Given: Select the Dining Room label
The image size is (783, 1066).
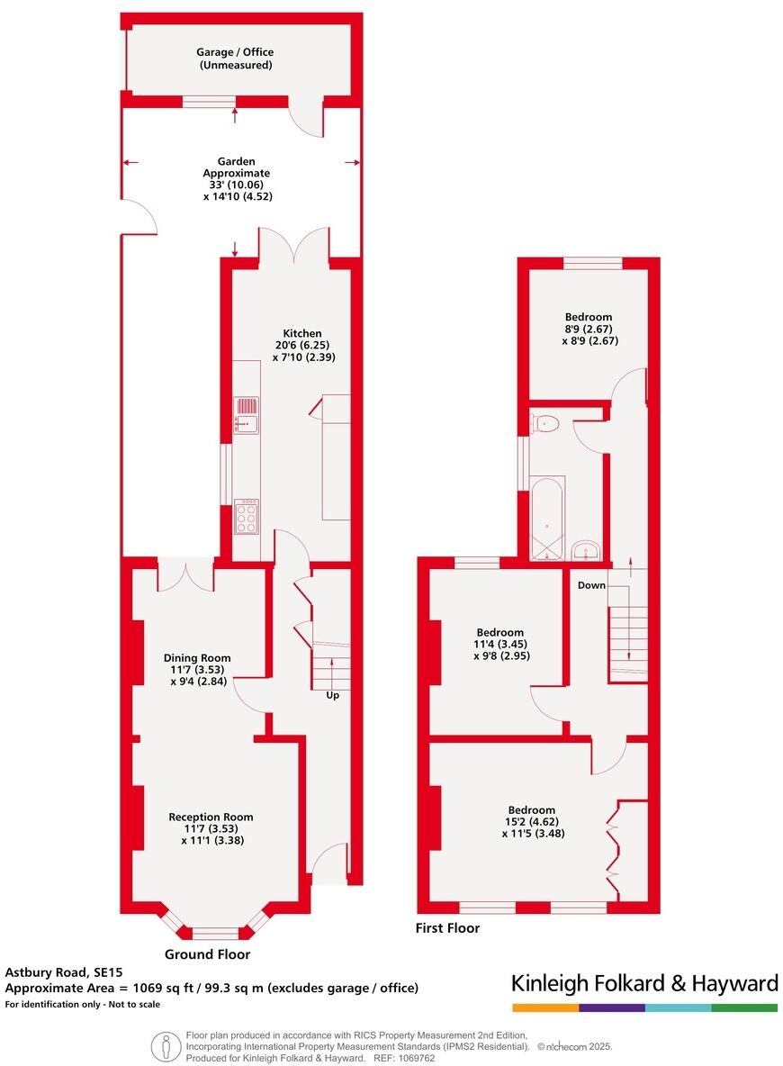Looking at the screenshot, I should pyautogui.click(x=196, y=658).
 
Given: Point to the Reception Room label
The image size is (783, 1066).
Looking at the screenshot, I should pyautogui.click(x=211, y=817).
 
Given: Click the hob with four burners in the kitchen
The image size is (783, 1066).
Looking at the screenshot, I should pyautogui.click(x=246, y=518).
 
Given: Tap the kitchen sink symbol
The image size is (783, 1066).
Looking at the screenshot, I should pyautogui.click(x=246, y=412).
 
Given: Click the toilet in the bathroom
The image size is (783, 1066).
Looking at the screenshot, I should pyautogui.click(x=545, y=422).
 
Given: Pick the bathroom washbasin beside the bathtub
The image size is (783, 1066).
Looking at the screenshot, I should pyautogui.click(x=585, y=549).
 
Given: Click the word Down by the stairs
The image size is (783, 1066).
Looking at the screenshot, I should pyautogui.click(x=591, y=585).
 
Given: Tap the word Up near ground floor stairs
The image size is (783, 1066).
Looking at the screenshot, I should pyautogui.click(x=332, y=695).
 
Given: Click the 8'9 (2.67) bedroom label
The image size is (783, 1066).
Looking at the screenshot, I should pyautogui.click(x=589, y=329).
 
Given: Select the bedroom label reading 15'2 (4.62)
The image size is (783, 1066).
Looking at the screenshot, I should pyautogui.click(x=531, y=822).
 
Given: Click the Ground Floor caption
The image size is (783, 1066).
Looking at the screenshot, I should pyautogui.click(x=208, y=954).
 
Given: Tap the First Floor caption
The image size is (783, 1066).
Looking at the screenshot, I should pyautogui.click(x=447, y=928).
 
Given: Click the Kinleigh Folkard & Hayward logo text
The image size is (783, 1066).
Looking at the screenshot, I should pyautogui.click(x=644, y=982).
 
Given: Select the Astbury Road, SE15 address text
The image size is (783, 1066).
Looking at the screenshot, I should pyautogui.click(x=63, y=971).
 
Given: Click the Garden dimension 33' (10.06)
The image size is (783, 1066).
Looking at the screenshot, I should pyautogui.click(x=236, y=185).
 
